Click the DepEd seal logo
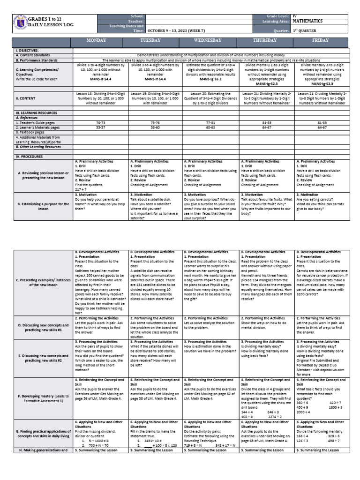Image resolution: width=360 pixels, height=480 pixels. [x=19, y=25]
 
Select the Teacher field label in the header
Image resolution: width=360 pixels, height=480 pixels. [x=136, y=21]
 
